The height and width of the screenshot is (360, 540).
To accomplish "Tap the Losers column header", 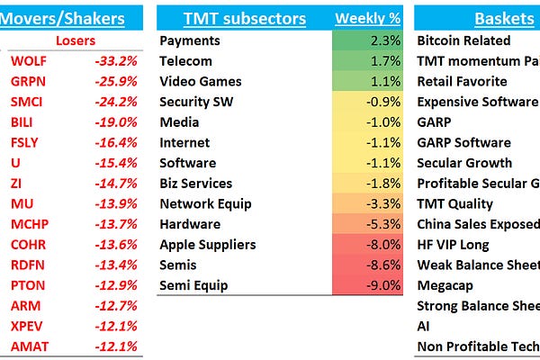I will (x=76, y=40).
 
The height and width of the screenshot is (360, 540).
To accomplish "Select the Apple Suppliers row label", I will (x=207, y=245).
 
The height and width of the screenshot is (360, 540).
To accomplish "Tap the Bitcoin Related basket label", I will (x=463, y=40).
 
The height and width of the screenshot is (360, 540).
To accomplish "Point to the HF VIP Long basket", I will (x=453, y=245).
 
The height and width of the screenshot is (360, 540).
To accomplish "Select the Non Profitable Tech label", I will (x=477, y=346).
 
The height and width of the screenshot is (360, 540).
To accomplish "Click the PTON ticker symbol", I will (x=26, y=285).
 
